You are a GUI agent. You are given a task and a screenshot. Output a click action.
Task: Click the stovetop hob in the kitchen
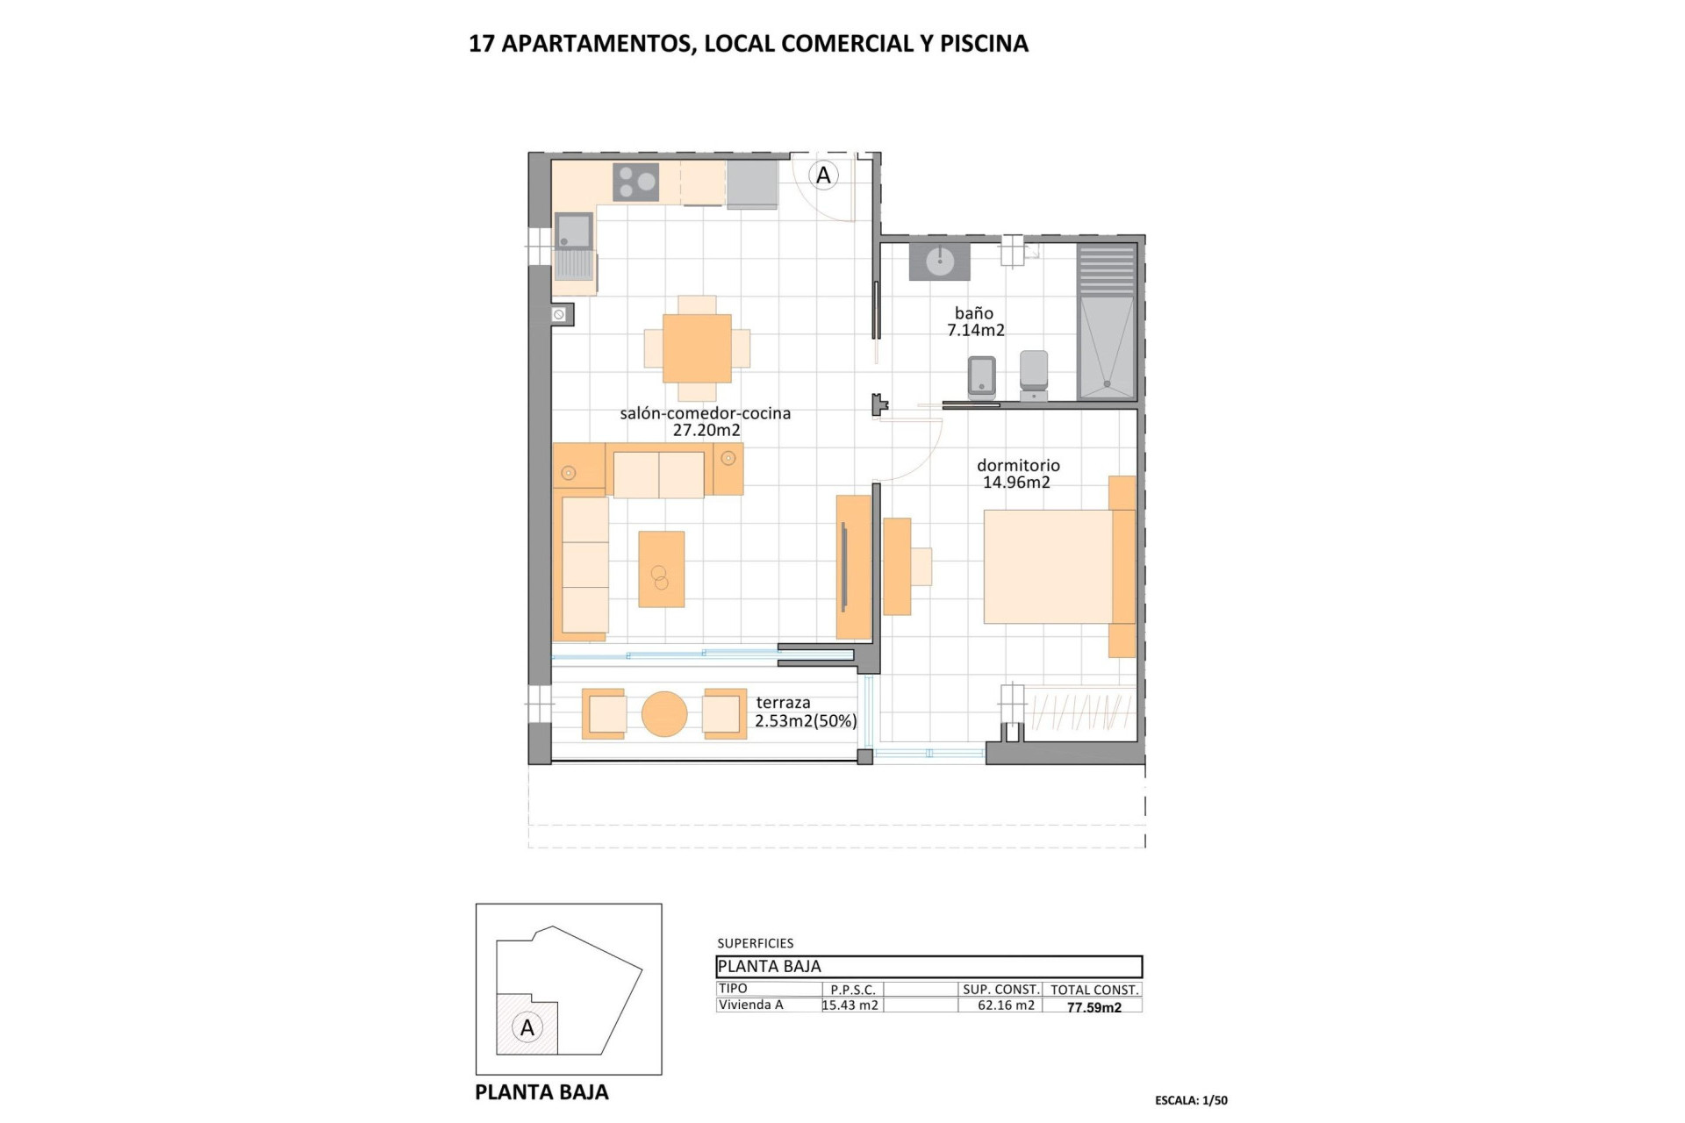coord(637,182)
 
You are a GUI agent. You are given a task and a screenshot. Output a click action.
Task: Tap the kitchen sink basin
coord(574,231)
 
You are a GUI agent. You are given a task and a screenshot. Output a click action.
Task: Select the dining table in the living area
coord(697,347)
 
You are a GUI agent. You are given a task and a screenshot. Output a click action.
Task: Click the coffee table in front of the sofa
coord(661,569)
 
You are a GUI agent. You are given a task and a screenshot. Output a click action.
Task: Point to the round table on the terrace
coord(664,714)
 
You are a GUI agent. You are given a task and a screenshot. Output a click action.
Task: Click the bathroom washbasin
coord(939,261)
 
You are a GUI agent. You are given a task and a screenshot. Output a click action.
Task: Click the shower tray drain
coord(1108,383)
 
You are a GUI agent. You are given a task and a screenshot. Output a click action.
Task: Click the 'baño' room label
coord(974,313)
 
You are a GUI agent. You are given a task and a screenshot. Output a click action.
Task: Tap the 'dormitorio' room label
coord(1018,465)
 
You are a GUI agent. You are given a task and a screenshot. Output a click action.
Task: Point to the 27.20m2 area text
coord(706,431)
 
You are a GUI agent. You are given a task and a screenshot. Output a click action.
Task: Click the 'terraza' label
coord(783,703)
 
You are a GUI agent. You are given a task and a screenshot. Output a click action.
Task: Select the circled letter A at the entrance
coord(823,175)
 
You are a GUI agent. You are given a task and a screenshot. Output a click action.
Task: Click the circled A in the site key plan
coord(527,1027)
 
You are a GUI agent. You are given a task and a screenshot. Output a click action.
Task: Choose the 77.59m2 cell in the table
coord(1093,1007)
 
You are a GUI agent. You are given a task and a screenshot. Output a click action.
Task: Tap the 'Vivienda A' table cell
coord(751,1005)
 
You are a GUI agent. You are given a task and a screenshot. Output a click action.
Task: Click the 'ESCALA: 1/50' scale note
coord(1191,1100)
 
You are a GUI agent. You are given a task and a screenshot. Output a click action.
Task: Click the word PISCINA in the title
coord(984,44)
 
